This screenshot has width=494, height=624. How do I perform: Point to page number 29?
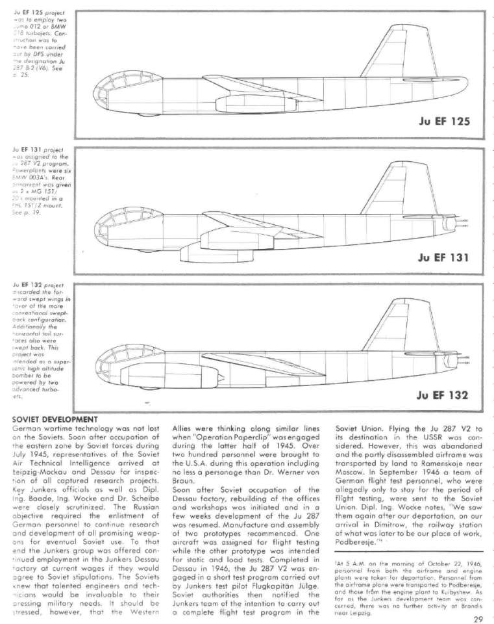click(x=478, y=618)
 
